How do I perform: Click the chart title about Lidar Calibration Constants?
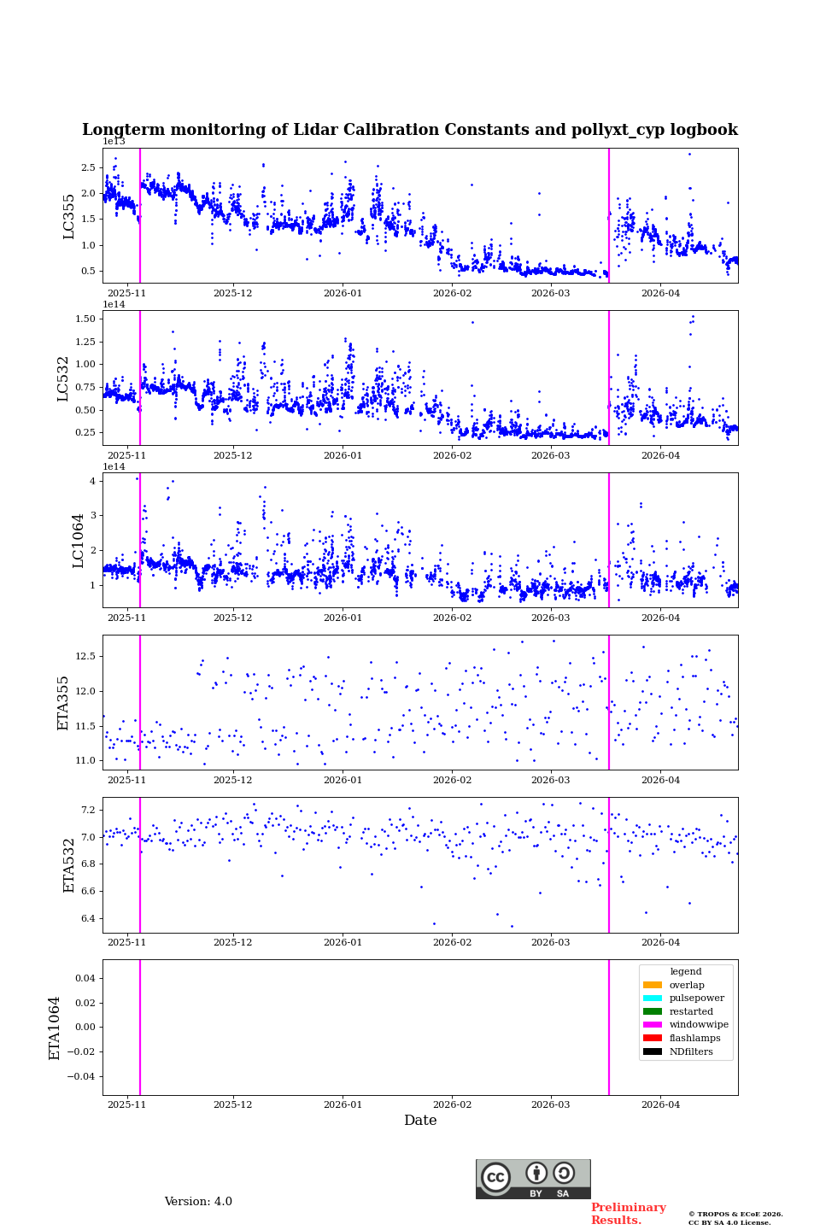[410, 130]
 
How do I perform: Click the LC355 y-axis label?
[69, 216]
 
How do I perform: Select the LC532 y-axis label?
[63, 378]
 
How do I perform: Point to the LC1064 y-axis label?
[79, 541]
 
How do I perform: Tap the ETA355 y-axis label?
[63, 703]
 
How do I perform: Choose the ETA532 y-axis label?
[69, 865]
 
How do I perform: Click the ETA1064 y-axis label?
[55, 1028]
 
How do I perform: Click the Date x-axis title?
[420, 1121]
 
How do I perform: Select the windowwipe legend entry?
[699, 1025]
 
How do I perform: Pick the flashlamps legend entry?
[694, 1039]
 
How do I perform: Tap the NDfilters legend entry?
[691, 1051]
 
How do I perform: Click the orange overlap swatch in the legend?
[653, 985]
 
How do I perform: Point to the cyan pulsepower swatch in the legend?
[653, 999]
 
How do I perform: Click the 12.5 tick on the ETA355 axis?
[84, 656]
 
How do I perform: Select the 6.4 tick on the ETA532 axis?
[86, 919]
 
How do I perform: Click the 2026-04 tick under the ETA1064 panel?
[660, 1104]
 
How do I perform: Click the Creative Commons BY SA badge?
[533, 1179]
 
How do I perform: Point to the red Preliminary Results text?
[628, 1214]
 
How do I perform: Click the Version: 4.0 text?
[198, 1202]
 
